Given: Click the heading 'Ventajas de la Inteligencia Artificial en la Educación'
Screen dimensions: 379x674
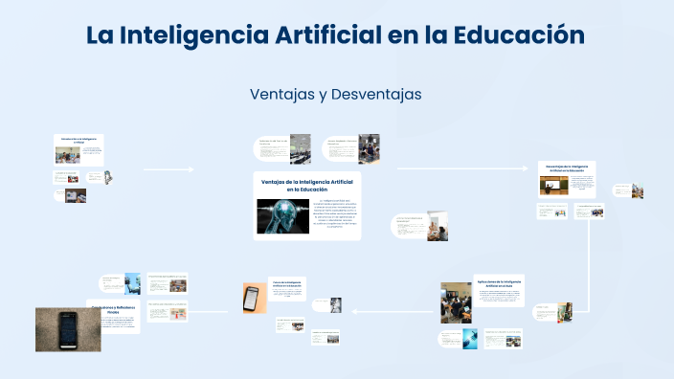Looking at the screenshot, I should (x=307, y=185).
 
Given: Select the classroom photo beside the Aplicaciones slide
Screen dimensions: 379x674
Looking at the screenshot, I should (x=456, y=302).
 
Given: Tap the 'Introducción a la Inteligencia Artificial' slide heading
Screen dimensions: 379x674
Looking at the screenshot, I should (x=79, y=141).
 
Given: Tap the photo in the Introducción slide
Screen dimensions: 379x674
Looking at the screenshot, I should (x=67, y=153).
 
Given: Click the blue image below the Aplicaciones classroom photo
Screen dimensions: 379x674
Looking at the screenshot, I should (x=469, y=339).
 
